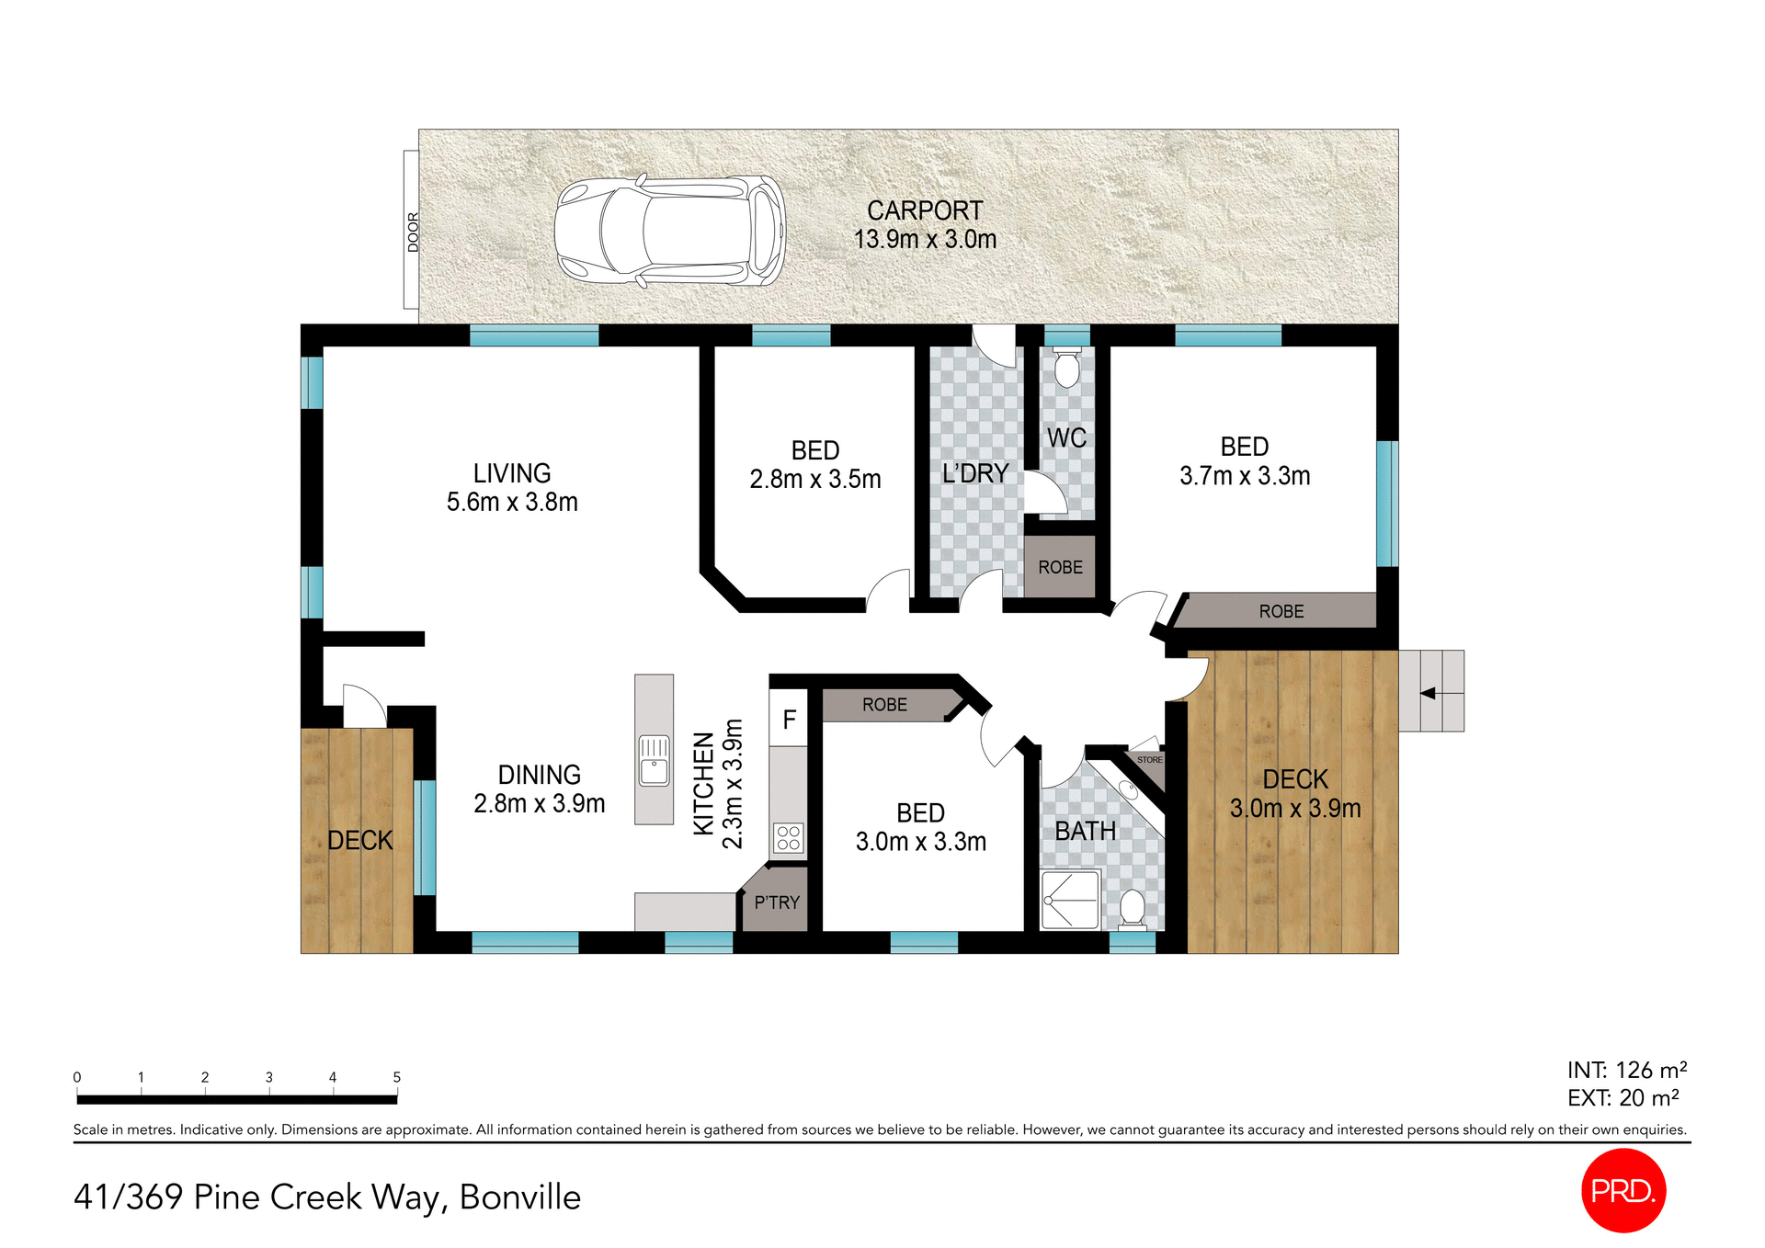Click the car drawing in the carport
669,231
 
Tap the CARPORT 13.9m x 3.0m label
925,225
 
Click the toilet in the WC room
1066,369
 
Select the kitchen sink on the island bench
655,760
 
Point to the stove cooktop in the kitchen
789,837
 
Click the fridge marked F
789,720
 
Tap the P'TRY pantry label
777,902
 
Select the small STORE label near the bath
1149,760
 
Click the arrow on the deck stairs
1429,693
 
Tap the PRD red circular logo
1623,1190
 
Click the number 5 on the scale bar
397,1077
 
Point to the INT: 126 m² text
1626,1070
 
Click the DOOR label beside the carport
413,232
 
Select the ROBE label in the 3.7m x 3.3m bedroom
1281,612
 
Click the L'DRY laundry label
975,474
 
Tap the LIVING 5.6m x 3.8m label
512,487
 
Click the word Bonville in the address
519,1197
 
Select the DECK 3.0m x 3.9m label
1295,794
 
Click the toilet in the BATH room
1133,908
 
